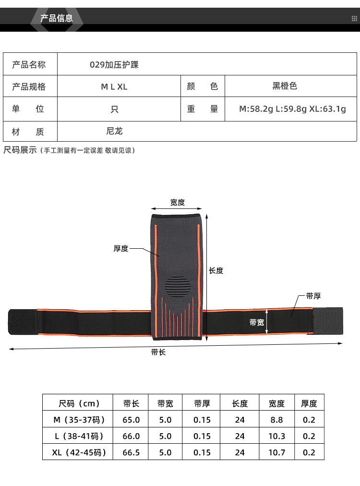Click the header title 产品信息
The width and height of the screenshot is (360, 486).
click(56, 19)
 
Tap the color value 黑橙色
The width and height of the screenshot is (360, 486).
click(285, 86)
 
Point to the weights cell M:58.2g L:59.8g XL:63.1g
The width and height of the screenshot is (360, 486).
click(292, 109)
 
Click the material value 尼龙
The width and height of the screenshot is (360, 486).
click(114, 131)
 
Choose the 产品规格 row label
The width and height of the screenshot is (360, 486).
click(29, 87)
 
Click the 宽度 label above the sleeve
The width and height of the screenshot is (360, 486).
click(177, 202)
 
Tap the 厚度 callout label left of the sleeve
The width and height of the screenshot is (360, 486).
click(121, 248)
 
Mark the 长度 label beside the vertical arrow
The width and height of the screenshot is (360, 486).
click(216, 270)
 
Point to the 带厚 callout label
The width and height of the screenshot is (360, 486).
click(313, 296)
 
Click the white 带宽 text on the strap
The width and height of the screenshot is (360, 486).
click(257, 322)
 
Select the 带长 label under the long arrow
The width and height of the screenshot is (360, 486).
click(158, 352)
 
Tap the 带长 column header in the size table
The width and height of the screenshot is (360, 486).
click(131, 403)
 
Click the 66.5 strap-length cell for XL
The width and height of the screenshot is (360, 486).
click(131, 452)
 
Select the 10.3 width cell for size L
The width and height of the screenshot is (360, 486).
click(276, 436)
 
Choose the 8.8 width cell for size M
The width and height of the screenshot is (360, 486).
click(276, 420)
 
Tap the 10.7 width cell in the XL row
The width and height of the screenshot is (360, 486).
click(276, 452)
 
